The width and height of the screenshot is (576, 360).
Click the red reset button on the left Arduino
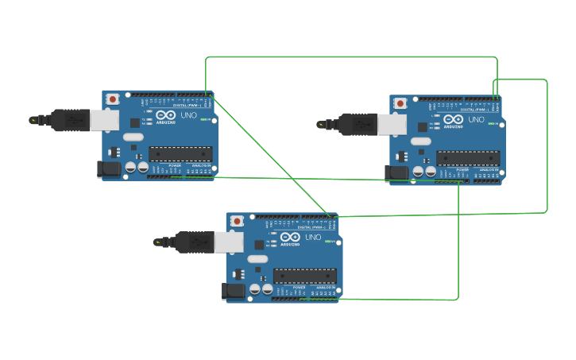pyautogui.click(x=113, y=99)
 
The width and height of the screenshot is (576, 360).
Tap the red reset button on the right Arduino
pyautogui.click(x=400, y=103)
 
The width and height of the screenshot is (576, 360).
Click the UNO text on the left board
pyautogui.click(x=188, y=115)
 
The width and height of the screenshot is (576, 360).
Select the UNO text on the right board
pyautogui.click(x=476, y=120)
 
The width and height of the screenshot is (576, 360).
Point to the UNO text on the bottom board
pyautogui.click(x=312, y=237)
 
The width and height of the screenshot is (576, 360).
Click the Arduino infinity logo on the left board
pyautogui.click(x=166, y=115)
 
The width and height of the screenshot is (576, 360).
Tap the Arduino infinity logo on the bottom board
pyautogui.click(x=290, y=237)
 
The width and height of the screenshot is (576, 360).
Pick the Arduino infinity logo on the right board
pyautogui.click(x=454, y=120)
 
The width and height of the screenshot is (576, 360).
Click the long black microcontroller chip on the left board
pyautogui.click(x=180, y=153)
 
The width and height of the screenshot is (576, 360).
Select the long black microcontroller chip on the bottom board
pyautogui.click(x=304, y=275)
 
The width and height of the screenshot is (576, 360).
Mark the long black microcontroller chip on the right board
pyautogui.click(x=468, y=158)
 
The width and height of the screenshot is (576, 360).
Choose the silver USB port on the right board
pyautogui.click(x=392, y=124)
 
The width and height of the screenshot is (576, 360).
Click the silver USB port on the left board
pyautogui.click(x=104, y=119)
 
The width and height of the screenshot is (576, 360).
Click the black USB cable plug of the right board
pyautogui.click(x=358, y=124)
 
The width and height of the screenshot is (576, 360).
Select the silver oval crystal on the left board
pyautogui.click(x=133, y=137)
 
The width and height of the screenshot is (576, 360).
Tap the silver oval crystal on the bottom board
pyautogui.click(x=257, y=258)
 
